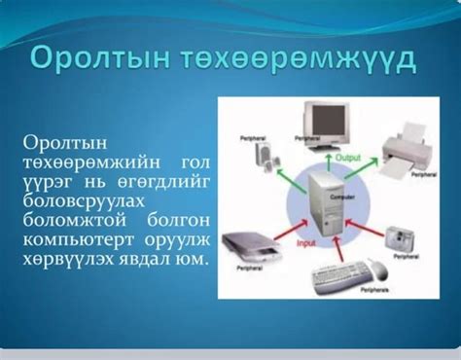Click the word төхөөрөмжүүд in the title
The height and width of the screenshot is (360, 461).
tap(293, 56)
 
